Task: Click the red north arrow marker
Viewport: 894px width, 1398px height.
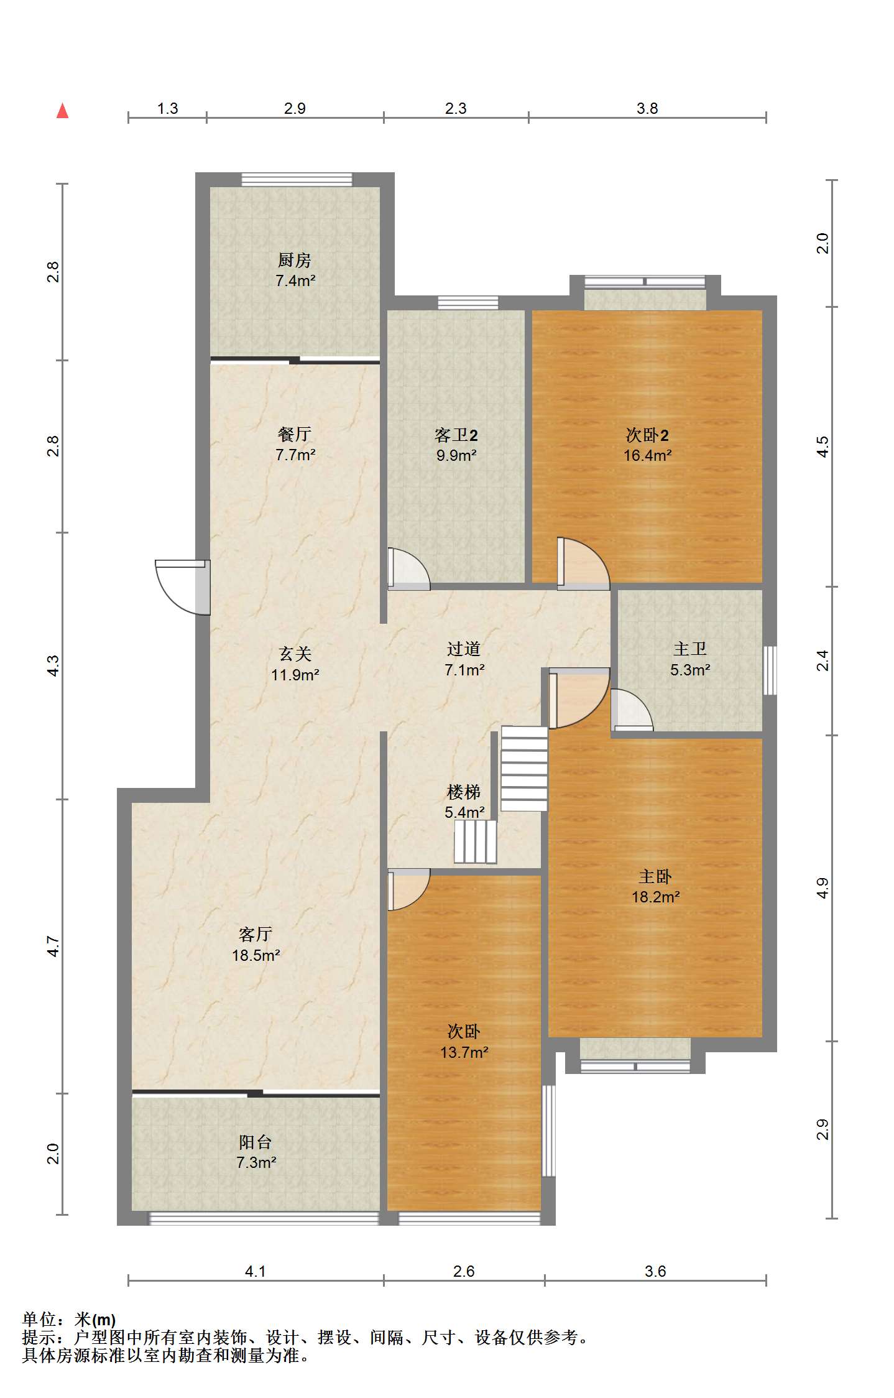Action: (62, 111)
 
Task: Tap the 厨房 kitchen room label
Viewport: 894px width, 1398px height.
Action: (295, 260)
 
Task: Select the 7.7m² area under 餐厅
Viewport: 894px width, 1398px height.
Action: (295, 455)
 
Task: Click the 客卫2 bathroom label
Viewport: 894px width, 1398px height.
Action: (456, 435)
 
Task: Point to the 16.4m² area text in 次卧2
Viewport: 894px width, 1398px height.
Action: (647, 455)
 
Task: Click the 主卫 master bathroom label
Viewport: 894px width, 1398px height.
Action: (689, 649)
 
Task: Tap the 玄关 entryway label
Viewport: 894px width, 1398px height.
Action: (295, 654)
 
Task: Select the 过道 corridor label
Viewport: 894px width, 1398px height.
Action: (464, 649)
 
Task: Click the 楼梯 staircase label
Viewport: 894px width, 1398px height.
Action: (464, 792)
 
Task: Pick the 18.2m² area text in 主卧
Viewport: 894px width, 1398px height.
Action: (655, 897)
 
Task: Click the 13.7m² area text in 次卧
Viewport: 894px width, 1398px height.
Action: (464, 1052)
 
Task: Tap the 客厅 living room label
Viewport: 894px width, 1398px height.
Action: (256, 934)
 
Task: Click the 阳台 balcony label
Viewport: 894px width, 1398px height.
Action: (256, 1142)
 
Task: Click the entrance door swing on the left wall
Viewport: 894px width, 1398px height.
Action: (180, 588)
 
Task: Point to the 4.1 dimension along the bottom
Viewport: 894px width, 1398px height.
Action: (255, 1271)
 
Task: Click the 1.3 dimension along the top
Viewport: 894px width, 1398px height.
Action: (167, 109)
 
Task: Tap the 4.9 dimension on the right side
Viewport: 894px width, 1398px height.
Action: (822, 887)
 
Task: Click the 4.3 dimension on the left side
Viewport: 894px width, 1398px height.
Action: (53, 665)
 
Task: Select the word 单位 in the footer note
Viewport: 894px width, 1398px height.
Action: (39, 1320)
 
